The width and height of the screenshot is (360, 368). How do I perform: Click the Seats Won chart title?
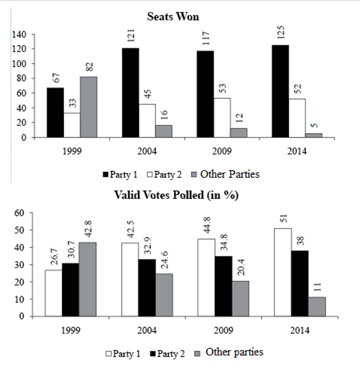(x=173, y=17)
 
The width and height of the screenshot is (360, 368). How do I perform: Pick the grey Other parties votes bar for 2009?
(x=238, y=298)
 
